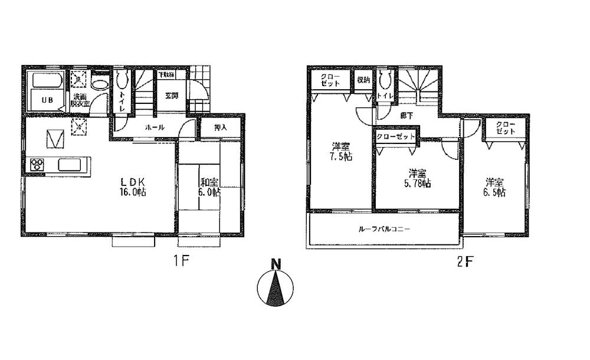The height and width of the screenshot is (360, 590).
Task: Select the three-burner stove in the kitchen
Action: pos(37,165)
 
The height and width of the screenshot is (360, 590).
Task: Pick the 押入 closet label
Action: pos(212,127)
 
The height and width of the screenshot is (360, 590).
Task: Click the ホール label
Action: pos(154,127)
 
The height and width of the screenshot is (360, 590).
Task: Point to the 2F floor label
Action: pos(466,260)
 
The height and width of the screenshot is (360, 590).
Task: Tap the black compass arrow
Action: pos(275,290)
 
